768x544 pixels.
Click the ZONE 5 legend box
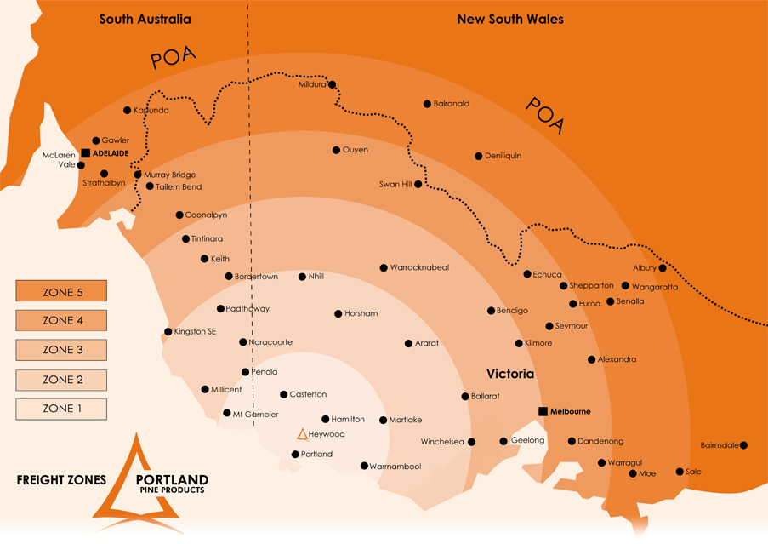point(61,291)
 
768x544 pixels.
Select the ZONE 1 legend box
point(61,409)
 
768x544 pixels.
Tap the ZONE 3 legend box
point(61,350)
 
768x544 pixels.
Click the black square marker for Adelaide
point(86,153)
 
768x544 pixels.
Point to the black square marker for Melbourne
point(543,412)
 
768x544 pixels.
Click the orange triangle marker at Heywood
point(302,434)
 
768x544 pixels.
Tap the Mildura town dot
point(333,84)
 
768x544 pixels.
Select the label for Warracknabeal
point(419,267)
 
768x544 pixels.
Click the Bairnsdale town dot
point(744,444)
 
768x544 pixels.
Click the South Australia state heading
point(145,19)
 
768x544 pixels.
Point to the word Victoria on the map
point(510,374)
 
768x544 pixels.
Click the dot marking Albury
point(663,268)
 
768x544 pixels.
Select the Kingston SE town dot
point(168,332)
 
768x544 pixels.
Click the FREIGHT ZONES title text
point(61,479)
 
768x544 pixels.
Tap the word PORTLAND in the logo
point(174,478)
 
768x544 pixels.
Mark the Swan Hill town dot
point(418,184)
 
